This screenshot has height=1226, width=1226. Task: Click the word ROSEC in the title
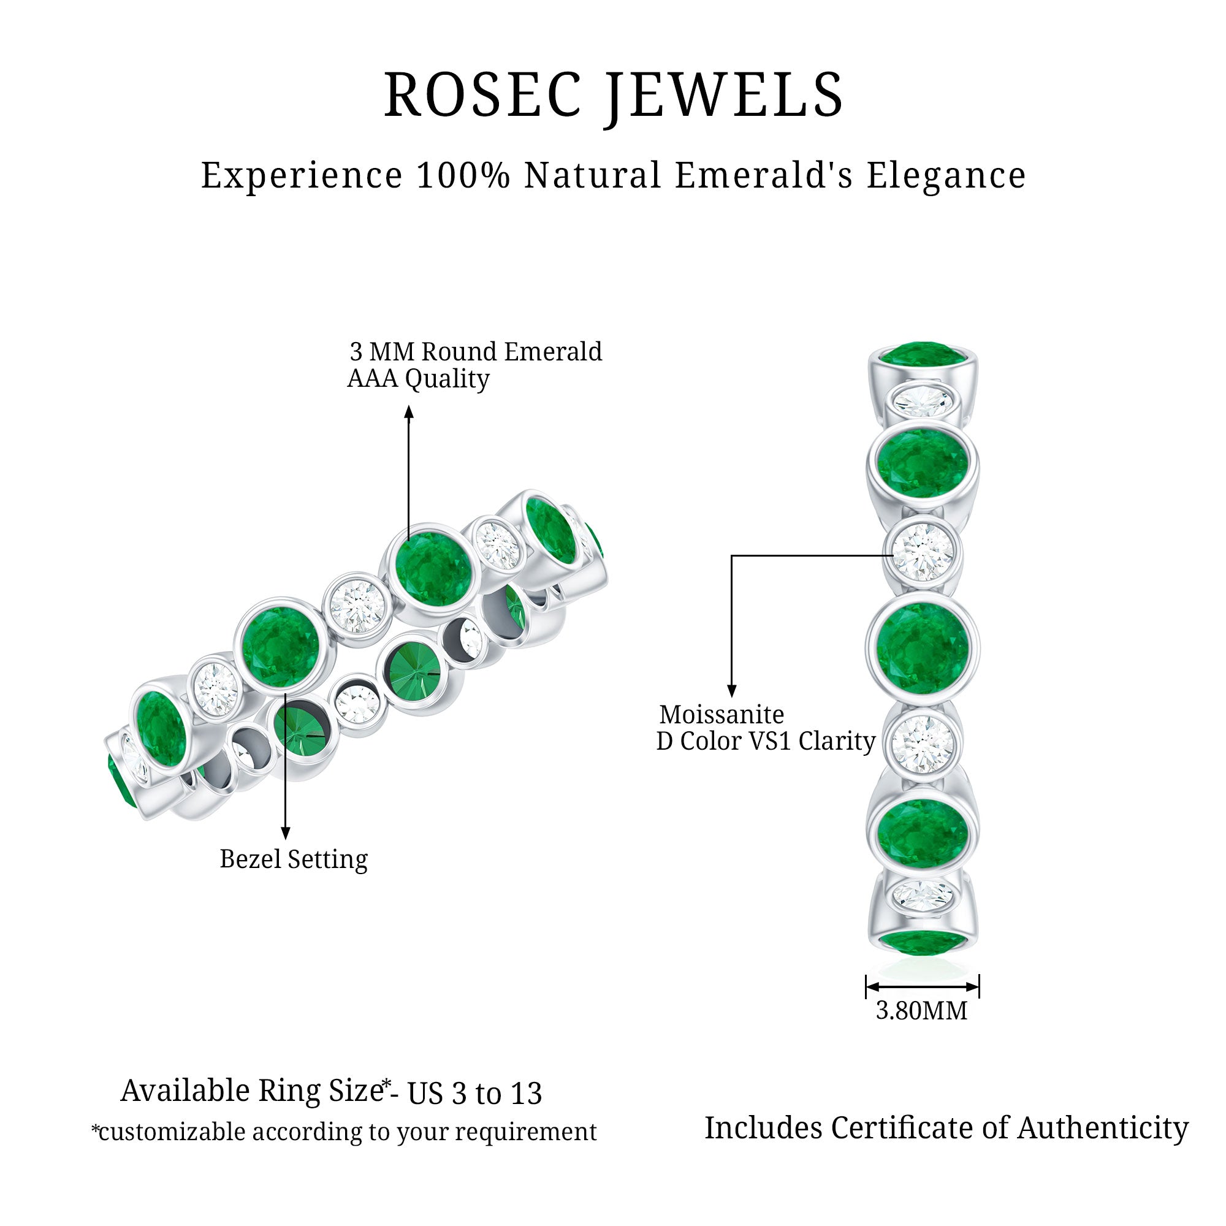(x=482, y=95)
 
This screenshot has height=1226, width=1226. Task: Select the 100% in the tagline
(x=463, y=175)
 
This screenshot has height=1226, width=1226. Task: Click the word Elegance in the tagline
(x=946, y=175)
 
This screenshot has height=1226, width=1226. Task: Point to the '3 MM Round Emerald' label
(x=476, y=351)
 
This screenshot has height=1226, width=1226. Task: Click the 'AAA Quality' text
(x=418, y=379)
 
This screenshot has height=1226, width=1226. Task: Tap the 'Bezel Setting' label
(x=293, y=859)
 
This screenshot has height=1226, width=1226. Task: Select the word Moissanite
(x=722, y=715)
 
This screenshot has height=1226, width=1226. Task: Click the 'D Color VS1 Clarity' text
(x=765, y=741)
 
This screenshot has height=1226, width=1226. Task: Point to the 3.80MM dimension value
(x=921, y=1010)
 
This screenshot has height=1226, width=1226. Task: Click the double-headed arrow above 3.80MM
(x=922, y=987)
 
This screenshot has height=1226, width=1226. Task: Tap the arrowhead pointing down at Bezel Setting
(x=286, y=833)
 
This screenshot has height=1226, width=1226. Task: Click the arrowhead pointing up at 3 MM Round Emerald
(x=409, y=413)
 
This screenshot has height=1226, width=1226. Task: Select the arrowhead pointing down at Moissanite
(x=732, y=691)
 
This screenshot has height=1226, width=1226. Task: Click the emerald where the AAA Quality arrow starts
(x=433, y=569)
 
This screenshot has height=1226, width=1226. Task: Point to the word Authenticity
(x=1103, y=1129)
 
